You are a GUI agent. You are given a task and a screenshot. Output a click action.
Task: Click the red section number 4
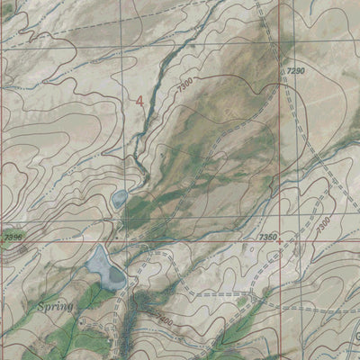point(139,101)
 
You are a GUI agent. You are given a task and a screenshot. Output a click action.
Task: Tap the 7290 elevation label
point(297,69)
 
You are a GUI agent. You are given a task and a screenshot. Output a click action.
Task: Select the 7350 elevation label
point(267,237)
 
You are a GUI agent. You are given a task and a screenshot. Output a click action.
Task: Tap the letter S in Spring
point(43,305)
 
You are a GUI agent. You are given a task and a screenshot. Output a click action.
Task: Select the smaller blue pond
point(119,198)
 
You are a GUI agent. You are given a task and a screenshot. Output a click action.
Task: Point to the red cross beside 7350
point(281,241)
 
